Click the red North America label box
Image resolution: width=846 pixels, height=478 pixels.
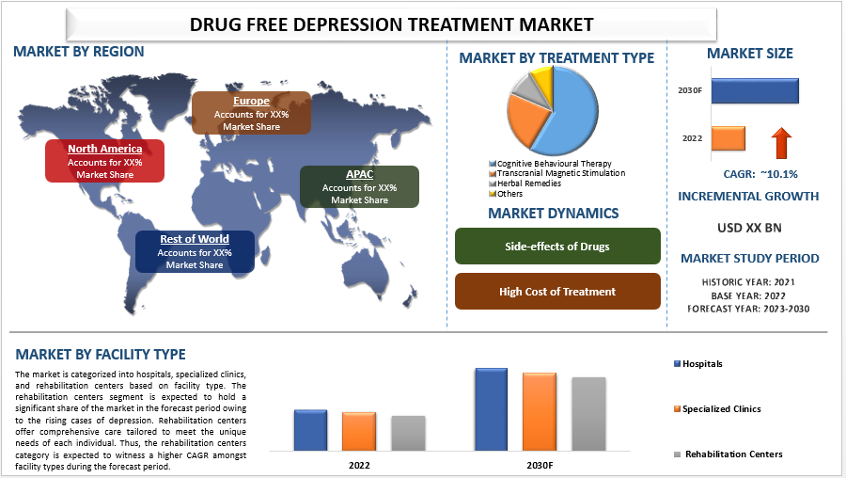104,161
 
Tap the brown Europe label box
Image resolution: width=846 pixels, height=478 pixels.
251,113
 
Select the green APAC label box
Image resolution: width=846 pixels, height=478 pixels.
359,186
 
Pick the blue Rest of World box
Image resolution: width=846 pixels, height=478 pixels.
195,251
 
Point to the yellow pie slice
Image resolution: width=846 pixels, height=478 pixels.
542,77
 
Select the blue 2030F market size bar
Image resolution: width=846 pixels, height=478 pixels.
755,90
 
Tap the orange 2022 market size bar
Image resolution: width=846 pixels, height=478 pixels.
728,138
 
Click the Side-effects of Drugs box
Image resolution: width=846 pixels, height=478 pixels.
557,247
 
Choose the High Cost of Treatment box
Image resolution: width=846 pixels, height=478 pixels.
557,292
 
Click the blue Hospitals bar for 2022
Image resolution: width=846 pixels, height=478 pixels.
310,430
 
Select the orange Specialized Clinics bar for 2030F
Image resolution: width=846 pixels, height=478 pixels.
540,411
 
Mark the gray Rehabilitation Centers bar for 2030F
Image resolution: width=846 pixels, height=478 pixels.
588,413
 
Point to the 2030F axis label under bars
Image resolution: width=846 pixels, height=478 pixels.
539,466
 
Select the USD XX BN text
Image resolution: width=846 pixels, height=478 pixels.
749,227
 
